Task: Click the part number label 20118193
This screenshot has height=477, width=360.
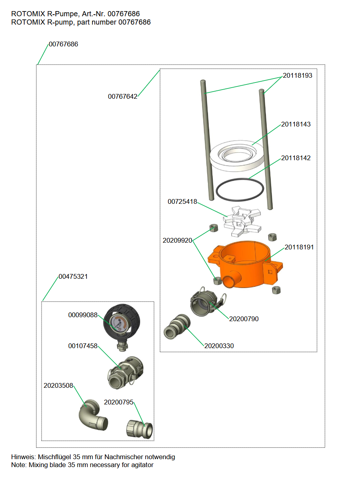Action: [x=297, y=75]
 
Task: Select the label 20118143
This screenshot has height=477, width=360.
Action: [x=296, y=124]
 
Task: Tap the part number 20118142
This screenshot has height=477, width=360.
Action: [x=296, y=158]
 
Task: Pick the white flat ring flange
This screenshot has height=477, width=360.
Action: [x=237, y=155]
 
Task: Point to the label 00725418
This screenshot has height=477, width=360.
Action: [x=182, y=201]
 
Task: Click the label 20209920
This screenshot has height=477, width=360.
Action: [x=177, y=240]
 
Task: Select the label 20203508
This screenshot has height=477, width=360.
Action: [x=58, y=385]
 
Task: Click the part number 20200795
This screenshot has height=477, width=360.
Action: [x=119, y=402]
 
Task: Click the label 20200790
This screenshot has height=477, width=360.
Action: [x=244, y=319]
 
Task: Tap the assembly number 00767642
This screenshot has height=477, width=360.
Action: [x=123, y=96]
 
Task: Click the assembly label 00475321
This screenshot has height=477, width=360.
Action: [x=73, y=276]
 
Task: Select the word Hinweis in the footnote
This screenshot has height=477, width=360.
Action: [x=23, y=457]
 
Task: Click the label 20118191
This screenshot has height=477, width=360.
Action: [x=299, y=247]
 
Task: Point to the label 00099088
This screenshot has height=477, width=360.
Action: [x=83, y=315]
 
